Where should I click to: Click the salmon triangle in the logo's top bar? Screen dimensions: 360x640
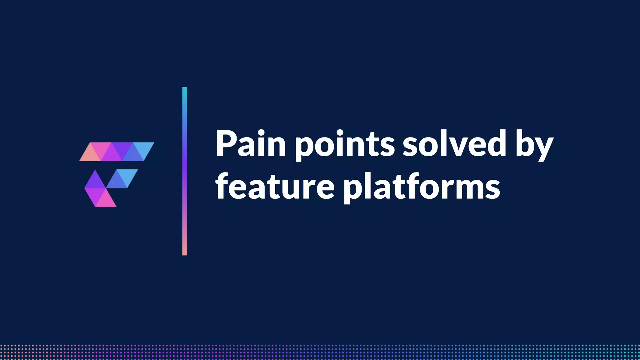point(90,155)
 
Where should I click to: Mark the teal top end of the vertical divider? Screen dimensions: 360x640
point(184,91)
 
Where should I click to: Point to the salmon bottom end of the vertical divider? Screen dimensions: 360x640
point(184,252)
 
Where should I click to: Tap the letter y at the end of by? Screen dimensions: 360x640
point(543,148)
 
